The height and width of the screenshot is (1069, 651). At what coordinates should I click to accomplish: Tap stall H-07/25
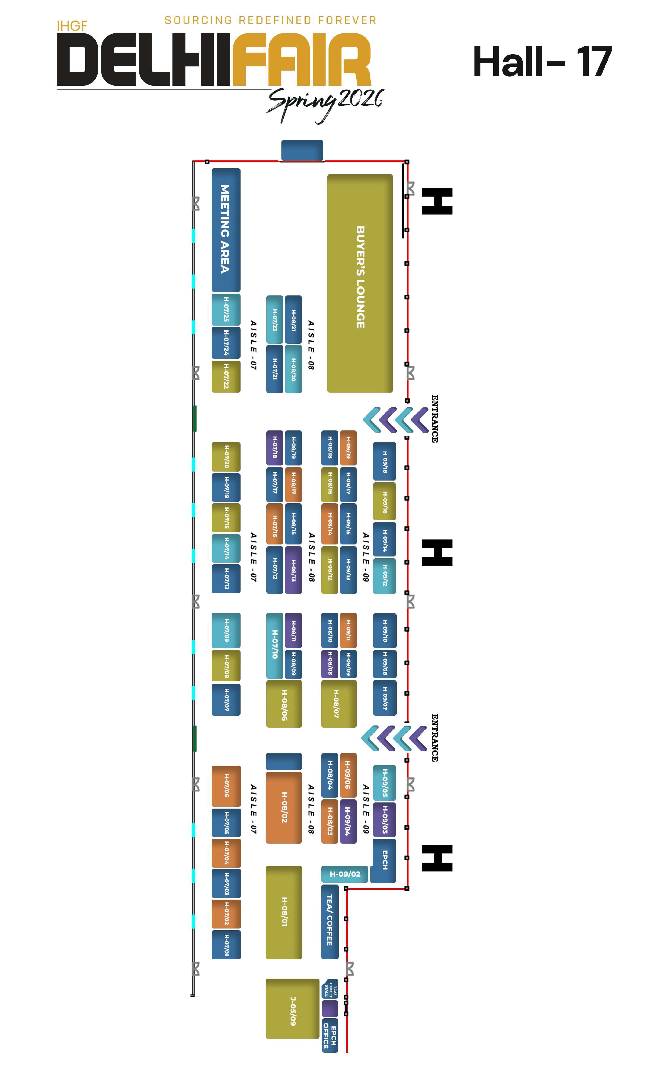(x=225, y=309)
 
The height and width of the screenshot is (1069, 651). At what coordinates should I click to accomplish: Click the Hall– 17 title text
(x=542, y=62)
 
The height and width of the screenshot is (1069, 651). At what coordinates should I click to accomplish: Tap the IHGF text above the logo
(x=72, y=26)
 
